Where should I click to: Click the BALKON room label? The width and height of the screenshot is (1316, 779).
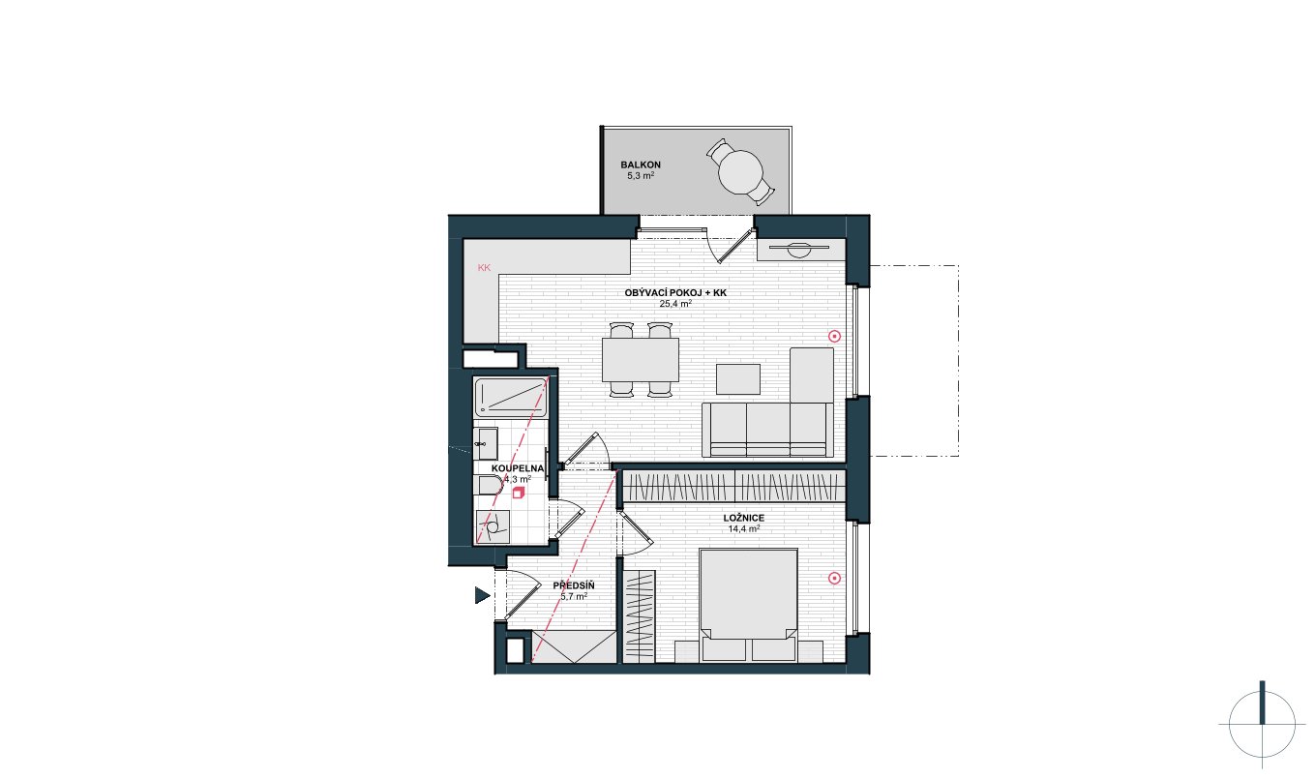tap(641, 165)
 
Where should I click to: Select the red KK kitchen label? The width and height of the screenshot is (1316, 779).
tap(484, 268)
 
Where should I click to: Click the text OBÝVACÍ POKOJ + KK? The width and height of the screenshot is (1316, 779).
tap(675, 292)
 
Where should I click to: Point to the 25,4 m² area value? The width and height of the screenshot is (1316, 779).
tap(675, 304)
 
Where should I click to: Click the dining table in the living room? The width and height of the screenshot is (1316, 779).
tap(641, 360)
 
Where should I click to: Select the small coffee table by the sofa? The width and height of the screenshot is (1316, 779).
tap(738, 379)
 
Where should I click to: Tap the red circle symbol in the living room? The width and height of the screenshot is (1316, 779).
tap(834, 336)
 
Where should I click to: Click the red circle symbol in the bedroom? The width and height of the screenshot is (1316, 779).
tap(834, 578)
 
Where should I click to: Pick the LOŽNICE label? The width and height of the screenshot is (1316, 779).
tap(744, 518)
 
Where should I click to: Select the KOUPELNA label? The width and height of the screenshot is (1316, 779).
tap(518, 468)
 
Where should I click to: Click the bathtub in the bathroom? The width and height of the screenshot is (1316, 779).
tap(511, 398)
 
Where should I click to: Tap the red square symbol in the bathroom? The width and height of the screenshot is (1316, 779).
tap(518, 493)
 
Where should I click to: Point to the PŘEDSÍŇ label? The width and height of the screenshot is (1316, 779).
tap(574, 585)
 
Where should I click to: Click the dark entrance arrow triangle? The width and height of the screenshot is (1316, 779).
tap(482, 596)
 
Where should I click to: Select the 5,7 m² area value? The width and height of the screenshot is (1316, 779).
tap(574, 596)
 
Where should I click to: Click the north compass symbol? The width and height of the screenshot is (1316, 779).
tap(1262, 724)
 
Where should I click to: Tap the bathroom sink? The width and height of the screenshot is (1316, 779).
tap(486, 443)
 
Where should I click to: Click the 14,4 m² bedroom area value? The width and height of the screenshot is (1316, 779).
tap(744, 528)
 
